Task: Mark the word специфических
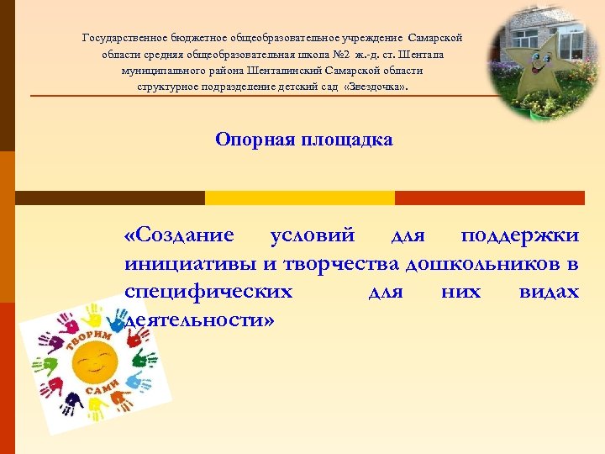tap(208, 292)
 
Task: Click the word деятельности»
tap(199, 321)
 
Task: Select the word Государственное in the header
tap(125, 38)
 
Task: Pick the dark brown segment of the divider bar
tap(110, 198)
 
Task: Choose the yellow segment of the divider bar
tap(300, 198)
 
